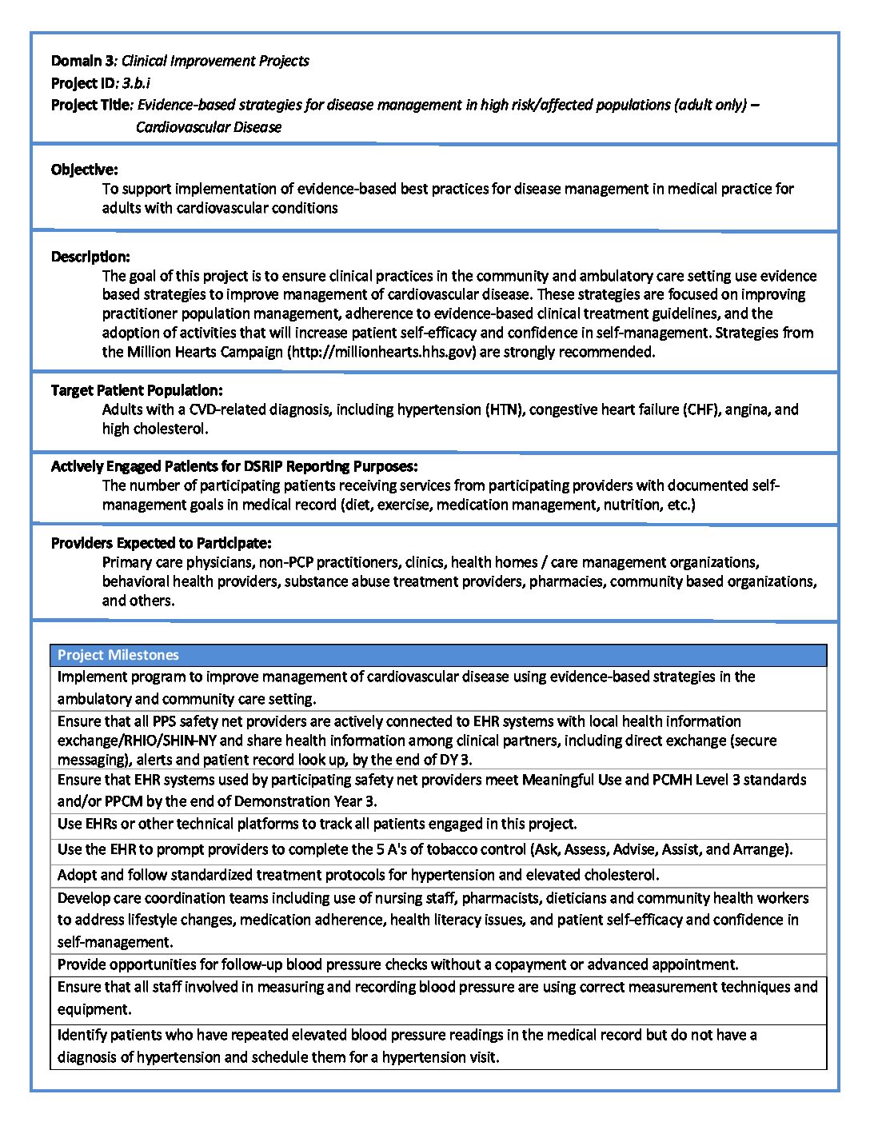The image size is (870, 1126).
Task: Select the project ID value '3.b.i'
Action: pyautogui.click(x=137, y=82)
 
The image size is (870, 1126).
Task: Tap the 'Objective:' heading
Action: pyautogui.click(x=85, y=170)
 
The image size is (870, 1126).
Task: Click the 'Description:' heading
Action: pyautogui.click(x=90, y=257)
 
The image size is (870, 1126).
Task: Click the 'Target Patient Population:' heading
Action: pyautogui.click(x=137, y=390)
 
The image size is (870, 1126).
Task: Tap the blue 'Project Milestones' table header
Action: pyautogui.click(x=118, y=655)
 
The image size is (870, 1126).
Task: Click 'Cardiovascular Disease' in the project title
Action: pyautogui.click(x=209, y=127)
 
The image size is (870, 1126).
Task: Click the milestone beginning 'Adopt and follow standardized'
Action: pyautogui.click(x=358, y=875)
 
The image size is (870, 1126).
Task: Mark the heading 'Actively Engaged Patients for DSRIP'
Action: pyautogui.click(x=234, y=466)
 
